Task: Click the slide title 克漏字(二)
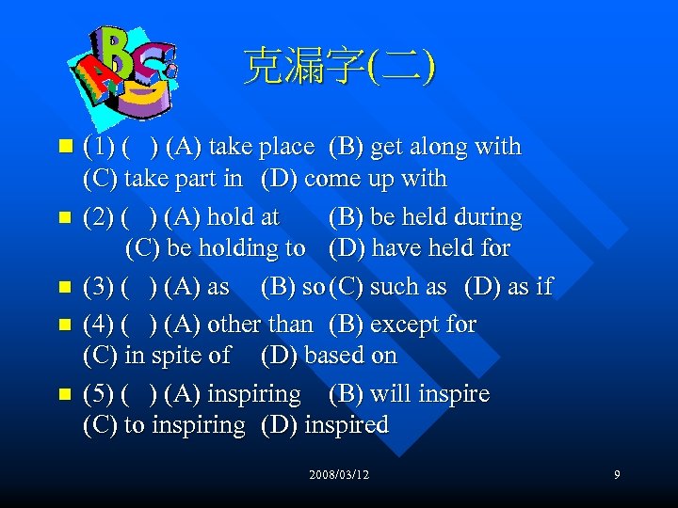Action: coord(339,67)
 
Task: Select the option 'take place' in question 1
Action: coord(261,147)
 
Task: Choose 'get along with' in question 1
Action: coord(445,147)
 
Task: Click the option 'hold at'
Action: coord(243,217)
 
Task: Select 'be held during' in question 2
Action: coord(446,217)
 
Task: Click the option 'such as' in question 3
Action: coord(408,287)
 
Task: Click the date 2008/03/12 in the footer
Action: coord(339,475)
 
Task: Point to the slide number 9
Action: coord(617,475)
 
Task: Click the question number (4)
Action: coord(99,325)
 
